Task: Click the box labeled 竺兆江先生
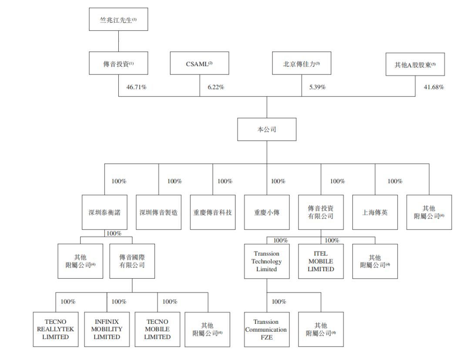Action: click(118, 20)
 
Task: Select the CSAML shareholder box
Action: click(199, 63)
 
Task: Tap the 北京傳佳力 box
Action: click(302, 63)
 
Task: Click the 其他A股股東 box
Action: click(415, 64)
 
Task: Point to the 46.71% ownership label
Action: click(136, 87)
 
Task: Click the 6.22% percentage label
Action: click(216, 87)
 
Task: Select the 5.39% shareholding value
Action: click(317, 87)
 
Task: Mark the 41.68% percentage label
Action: click(434, 87)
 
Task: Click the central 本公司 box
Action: click(267, 129)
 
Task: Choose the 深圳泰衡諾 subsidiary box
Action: click(104, 212)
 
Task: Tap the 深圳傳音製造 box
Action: click(158, 212)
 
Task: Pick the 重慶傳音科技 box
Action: click(213, 212)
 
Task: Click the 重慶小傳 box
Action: click(267, 212)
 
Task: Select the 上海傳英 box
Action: click(375, 212)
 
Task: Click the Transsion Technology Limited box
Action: click(267, 261)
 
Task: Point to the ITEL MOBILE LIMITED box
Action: click(321, 261)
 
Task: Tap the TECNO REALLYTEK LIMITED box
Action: click(56, 330)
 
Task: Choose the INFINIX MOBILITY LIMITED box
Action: click(107, 330)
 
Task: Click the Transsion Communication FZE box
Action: click(267, 330)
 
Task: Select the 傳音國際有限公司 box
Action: click(132, 261)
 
